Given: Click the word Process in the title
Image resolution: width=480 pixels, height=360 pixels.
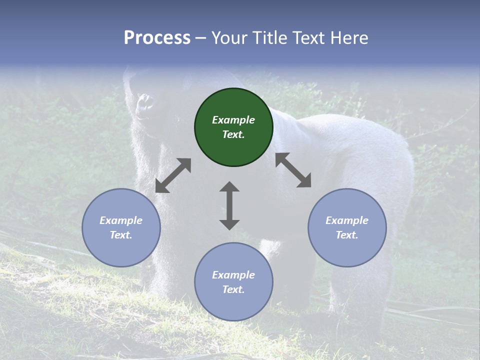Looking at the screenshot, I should click(x=157, y=38).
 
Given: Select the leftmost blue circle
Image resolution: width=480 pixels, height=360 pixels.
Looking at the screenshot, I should click(x=121, y=227).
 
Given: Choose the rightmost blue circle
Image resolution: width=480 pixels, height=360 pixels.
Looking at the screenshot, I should click(x=347, y=227).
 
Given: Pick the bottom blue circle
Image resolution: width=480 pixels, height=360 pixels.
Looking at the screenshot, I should click(x=233, y=281).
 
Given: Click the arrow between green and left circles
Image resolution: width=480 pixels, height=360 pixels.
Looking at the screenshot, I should click(x=173, y=175).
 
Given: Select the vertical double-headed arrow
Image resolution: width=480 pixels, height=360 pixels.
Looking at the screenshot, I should click(x=229, y=205).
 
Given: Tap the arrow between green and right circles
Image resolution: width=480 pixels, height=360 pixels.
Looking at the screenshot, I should click(x=293, y=170).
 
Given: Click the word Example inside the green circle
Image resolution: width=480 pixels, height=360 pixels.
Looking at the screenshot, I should click(x=233, y=120).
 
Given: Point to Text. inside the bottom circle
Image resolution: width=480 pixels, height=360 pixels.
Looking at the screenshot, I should click(x=233, y=289).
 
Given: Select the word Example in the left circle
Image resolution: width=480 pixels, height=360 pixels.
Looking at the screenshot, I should click(x=121, y=220).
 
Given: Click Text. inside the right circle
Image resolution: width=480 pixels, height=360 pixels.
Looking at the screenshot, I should click(x=347, y=235).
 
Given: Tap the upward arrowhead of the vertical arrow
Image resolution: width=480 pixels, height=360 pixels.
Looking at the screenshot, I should click(x=229, y=186).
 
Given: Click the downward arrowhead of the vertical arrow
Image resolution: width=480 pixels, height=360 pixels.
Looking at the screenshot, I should click(x=229, y=224).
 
